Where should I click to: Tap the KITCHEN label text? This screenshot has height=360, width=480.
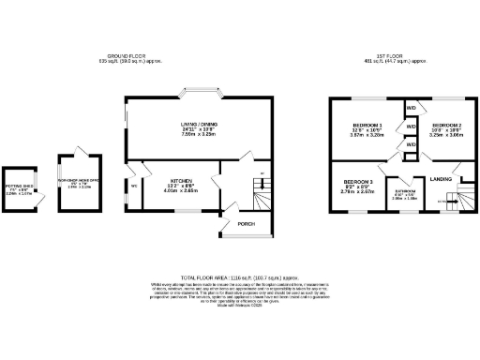(x=181, y=178)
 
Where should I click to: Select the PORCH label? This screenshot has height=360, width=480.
(x=246, y=224)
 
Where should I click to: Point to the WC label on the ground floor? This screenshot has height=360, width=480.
(x=134, y=185)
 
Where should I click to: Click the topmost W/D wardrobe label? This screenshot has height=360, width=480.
(x=411, y=108)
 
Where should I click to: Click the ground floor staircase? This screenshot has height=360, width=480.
(x=259, y=197)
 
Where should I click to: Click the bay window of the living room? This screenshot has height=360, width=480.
(x=203, y=94)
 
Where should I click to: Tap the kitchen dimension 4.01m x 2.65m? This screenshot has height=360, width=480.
(x=181, y=190)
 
